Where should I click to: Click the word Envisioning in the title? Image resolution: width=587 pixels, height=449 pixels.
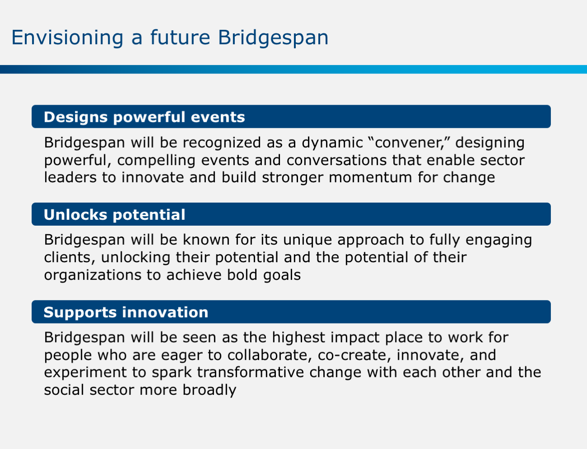click(x=67, y=38)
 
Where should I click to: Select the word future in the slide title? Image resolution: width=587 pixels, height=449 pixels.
click(x=180, y=37)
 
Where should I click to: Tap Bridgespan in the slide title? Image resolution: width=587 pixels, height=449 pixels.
click(x=273, y=38)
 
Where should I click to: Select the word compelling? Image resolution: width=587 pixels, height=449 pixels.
click(x=156, y=161)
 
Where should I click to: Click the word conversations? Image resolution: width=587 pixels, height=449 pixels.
click(x=336, y=160)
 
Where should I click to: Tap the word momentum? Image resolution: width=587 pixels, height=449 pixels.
click(x=370, y=178)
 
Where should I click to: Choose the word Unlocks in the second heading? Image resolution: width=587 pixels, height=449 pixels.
click(x=75, y=215)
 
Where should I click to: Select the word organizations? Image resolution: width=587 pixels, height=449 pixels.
click(x=93, y=275)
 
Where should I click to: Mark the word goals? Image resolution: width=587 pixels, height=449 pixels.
click(x=282, y=275)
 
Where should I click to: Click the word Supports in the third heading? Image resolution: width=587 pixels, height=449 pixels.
click(x=80, y=312)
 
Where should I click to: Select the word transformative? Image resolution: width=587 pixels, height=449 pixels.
click(x=251, y=373)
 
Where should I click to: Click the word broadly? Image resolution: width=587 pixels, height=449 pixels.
click(x=210, y=390)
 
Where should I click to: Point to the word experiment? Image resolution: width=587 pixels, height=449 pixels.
click(x=85, y=373)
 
